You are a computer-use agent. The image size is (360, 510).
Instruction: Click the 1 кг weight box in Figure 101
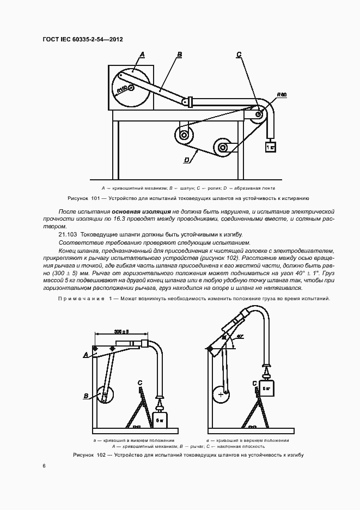click(270, 147)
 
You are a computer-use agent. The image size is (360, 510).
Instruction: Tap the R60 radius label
click(282, 95)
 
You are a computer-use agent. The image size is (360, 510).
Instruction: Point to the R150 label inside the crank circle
click(122, 89)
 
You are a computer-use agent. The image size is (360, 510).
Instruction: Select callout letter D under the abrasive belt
click(187, 160)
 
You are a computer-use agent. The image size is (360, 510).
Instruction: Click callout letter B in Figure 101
click(179, 54)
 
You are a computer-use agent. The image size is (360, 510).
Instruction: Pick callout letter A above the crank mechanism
click(142, 54)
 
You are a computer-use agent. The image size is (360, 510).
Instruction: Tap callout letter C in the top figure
click(239, 54)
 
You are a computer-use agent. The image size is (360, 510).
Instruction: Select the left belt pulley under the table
click(184, 135)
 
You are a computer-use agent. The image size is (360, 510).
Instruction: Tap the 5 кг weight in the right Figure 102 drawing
click(266, 389)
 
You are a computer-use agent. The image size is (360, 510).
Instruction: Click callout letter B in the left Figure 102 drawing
click(86, 396)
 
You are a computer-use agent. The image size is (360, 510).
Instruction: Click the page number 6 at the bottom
click(44, 465)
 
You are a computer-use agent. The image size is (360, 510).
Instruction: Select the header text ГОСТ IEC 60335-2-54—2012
click(82, 40)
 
